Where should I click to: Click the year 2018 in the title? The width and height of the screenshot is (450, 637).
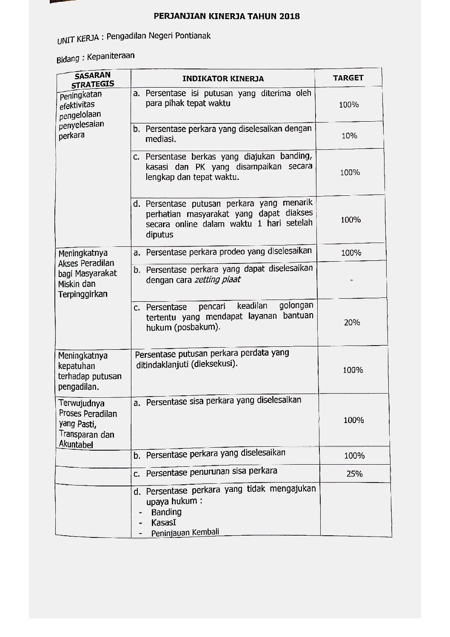click(x=290, y=17)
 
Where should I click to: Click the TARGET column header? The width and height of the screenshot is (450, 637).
click(x=348, y=78)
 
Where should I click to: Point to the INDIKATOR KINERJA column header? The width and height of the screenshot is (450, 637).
click(x=223, y=79)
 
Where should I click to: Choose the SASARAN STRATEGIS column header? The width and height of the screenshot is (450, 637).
click(x=93, y=80)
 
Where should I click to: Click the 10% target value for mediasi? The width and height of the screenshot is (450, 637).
click(x=349, y=136)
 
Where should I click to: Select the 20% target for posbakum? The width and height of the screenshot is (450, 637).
click(x=352, y=323)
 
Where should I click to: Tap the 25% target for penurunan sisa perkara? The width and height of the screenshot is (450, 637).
click(x=354, y=474)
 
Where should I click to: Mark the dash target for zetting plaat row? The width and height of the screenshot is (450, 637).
click(x=351, y=280)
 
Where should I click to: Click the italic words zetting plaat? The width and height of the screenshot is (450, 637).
click(x=217, y=280)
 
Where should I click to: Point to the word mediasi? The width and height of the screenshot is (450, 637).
click(x=160, y=139)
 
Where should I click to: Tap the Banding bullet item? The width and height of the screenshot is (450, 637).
click(x=166, y=512)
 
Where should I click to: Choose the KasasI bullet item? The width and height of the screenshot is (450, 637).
click(x=163, y=523)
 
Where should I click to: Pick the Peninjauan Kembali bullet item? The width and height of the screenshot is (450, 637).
click(x=185, y=532)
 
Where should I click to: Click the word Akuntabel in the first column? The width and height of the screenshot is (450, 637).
click(x=76, y=445)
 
